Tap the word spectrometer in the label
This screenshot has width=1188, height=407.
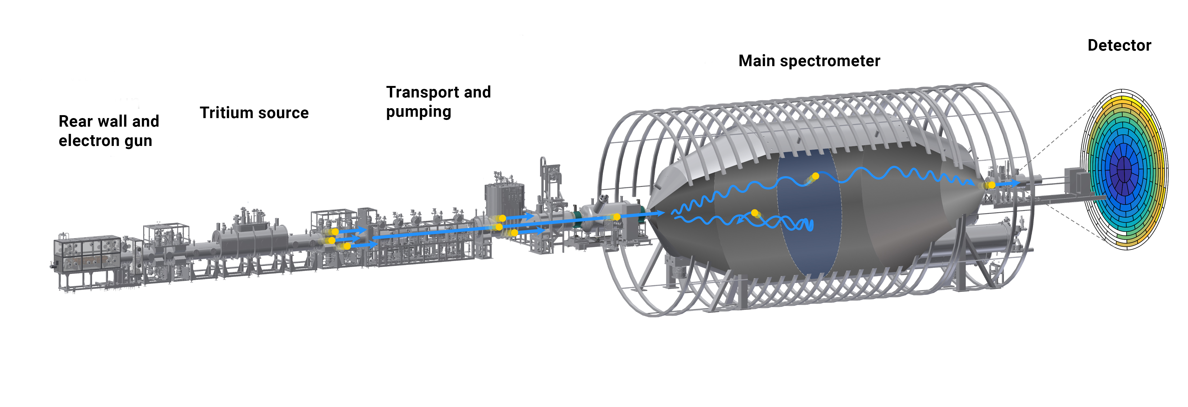tap(830, 61)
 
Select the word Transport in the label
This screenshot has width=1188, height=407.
tap(422, 92)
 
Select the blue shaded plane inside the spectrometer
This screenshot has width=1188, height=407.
tap(809, 240)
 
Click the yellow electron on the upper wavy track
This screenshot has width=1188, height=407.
tap(815, 176)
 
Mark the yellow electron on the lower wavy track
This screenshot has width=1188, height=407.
tap(755, 213)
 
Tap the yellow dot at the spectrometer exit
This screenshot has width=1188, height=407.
tap(992, 185)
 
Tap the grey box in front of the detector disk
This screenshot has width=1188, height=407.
tap(1077, 180)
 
